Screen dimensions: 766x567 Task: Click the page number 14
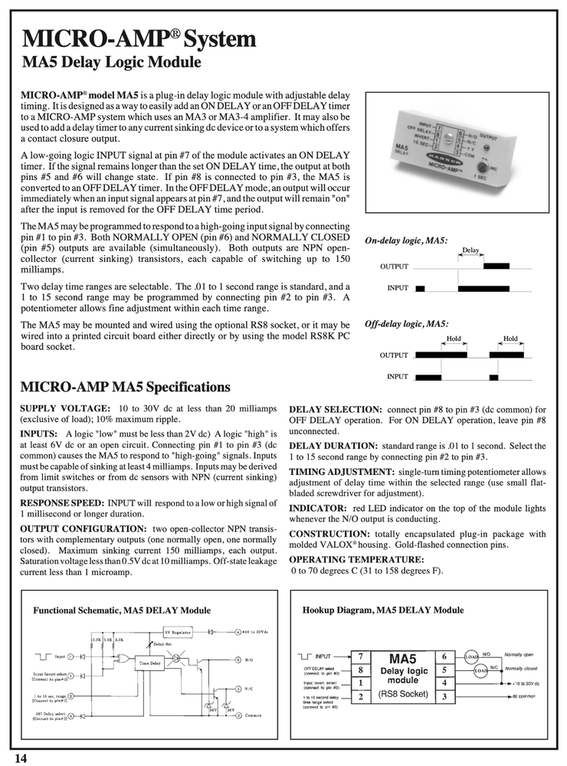coord(20,758)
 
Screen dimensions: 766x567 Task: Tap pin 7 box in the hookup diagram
coord(359,657)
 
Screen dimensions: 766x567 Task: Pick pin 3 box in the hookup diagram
coord(444,696)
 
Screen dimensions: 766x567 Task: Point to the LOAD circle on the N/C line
coord(480,670)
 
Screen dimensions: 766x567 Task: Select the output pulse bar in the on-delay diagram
coord(496,266)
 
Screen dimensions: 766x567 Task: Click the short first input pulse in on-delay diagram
coord(420,288)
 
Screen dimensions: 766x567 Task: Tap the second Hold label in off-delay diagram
coord(510,339)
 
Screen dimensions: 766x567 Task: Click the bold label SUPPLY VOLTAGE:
coord(64,410)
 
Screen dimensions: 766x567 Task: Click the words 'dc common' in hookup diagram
coord(523,696)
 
